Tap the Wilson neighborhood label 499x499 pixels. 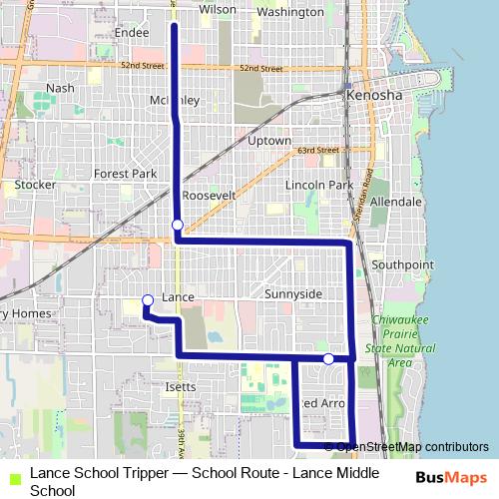click(x=218, y=9)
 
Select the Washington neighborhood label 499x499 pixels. click(x=290, y=12)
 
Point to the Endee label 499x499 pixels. click(x=132, y=32)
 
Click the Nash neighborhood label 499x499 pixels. click(x=60, y=88)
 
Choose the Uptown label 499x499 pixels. click(x=268, y=142)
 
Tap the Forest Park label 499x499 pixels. click(x=126, y=173)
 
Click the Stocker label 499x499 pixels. click(x=35, y=185)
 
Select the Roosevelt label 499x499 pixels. click(x=209, y=196)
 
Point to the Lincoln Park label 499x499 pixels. click(x=319, y=186)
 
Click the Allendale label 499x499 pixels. click(x=395, y=201)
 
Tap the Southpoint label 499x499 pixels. click(x=402, y=264)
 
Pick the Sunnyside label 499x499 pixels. click(x=293, y=294)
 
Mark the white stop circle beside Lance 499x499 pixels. click(x=148, y=299)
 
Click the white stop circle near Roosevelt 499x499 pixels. click(x=177, y=225)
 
